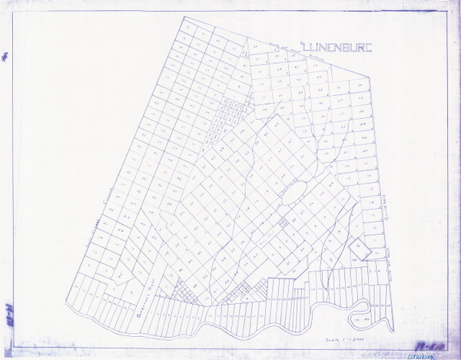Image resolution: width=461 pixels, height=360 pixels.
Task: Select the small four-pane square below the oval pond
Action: click(x=284, y=223)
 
